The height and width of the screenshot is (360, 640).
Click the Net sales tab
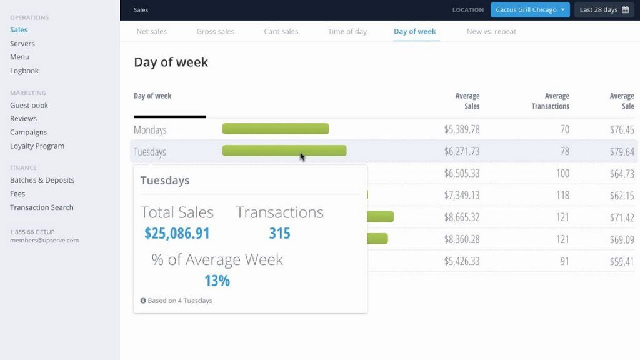point(152,32)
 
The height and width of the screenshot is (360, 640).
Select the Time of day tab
point(347,32)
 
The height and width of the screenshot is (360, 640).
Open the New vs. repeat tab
point(491,32)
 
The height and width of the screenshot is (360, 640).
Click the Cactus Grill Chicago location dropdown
point(530,10)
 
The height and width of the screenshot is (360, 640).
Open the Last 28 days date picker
point(604,10)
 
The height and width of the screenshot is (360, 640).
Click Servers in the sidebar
point(22,44)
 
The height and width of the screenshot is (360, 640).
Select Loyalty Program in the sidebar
point(37,146)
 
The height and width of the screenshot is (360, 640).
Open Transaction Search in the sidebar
point(41,207)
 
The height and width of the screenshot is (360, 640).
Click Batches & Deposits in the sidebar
point(42,180)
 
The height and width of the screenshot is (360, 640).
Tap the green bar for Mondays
point(276,129)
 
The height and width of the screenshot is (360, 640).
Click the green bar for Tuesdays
point(284,151)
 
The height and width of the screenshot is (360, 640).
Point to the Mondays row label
point(150,130)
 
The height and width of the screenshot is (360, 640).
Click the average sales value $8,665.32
point(462,217)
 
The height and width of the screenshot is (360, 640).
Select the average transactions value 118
point(562,196)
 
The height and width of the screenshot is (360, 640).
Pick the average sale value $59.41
point(621,262)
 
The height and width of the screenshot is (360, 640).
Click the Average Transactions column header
point(550,101)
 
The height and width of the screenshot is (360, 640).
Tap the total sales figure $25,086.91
point(177,234)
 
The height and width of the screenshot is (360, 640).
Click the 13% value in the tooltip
point(217,281)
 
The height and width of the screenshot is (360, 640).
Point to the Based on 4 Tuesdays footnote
point(176,301)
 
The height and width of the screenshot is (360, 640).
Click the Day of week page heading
point(171,62)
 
